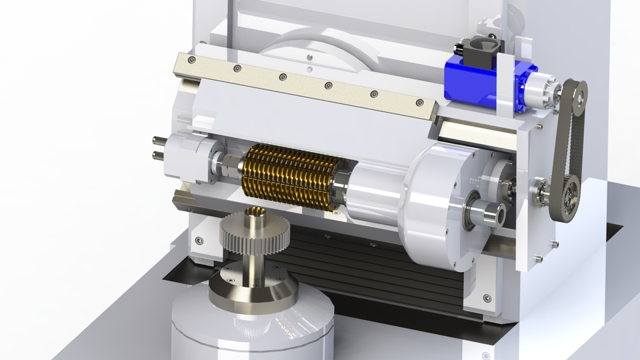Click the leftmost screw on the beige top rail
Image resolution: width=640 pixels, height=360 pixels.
[x=193, y=60]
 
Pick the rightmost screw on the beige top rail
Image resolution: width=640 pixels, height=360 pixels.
[x=419, y=103]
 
